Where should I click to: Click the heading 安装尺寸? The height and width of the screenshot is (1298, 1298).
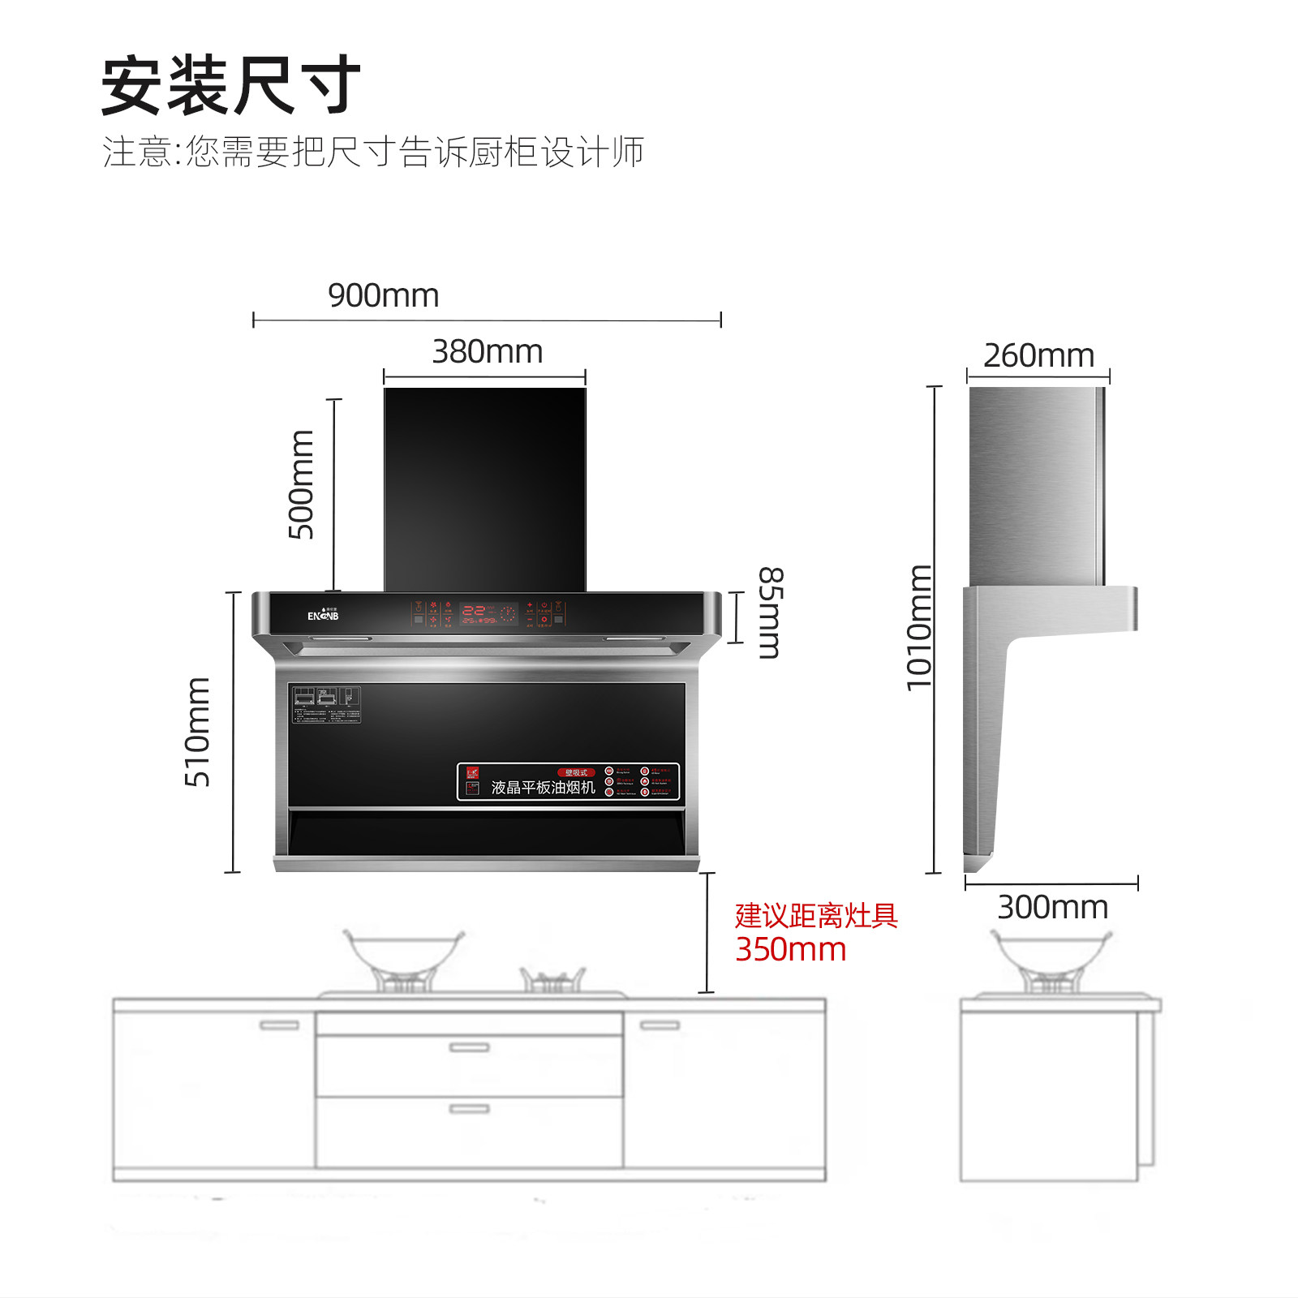(x=230, y=86)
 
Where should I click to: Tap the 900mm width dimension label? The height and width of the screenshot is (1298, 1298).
(x=383, y=295)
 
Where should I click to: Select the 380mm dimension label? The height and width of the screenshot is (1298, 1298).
(x=487, y=352)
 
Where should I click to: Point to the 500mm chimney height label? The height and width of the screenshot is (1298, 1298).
(x=301, y=484)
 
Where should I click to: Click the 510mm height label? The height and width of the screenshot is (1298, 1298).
(x=197, y=732)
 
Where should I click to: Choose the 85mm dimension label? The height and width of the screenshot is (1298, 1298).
(x=770, y=612)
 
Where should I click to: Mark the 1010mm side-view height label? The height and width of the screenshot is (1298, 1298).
(x=918, y=627)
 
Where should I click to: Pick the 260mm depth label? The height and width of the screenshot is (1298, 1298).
(x=1038, y=355)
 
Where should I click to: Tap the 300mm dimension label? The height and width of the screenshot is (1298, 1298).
(x=1052, y=907)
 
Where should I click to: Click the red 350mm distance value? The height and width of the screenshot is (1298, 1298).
(x=790, y=949)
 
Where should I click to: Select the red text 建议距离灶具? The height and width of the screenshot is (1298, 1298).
(x=816, y=916)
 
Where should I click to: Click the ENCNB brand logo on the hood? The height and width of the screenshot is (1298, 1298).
(x=323, y=615)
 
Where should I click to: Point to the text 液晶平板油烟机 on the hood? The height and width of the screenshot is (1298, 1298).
(x=543, y=787)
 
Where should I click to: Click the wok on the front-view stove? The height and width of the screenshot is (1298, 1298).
(x=403, y=953)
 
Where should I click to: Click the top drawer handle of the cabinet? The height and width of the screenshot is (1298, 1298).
(x=469, y=1047)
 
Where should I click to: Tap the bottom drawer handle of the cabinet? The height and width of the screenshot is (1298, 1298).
(x=469, y=1108)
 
